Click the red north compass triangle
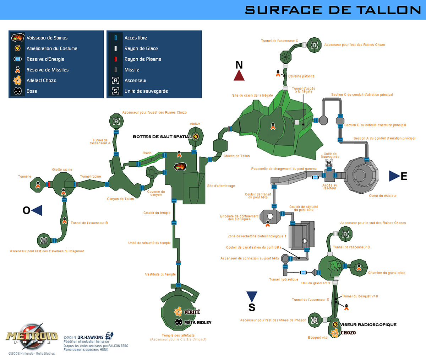tap(239, 75)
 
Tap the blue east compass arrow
tap(394, 176)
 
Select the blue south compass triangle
tap(252, 296)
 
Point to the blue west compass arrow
tap(37, 210)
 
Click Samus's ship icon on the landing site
tap(180, 166)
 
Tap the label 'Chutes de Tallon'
tap(236, 156)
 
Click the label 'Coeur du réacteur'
tap(383, 196)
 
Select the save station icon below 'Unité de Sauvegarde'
tap(329, 163)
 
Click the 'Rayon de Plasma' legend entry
tap(143, 59)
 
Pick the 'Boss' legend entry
tap(32, 91)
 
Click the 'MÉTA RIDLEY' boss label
tap(197, 323)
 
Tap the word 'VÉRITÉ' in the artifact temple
tap(192, 312)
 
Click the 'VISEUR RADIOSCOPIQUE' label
tap(368, 325)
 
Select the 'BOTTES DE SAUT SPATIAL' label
tap(162, 137)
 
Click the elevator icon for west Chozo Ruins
tap(116, 122)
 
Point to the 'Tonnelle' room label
tap(24, 177)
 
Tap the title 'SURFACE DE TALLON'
tap(333, 10)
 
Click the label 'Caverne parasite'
tap(301, 76)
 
